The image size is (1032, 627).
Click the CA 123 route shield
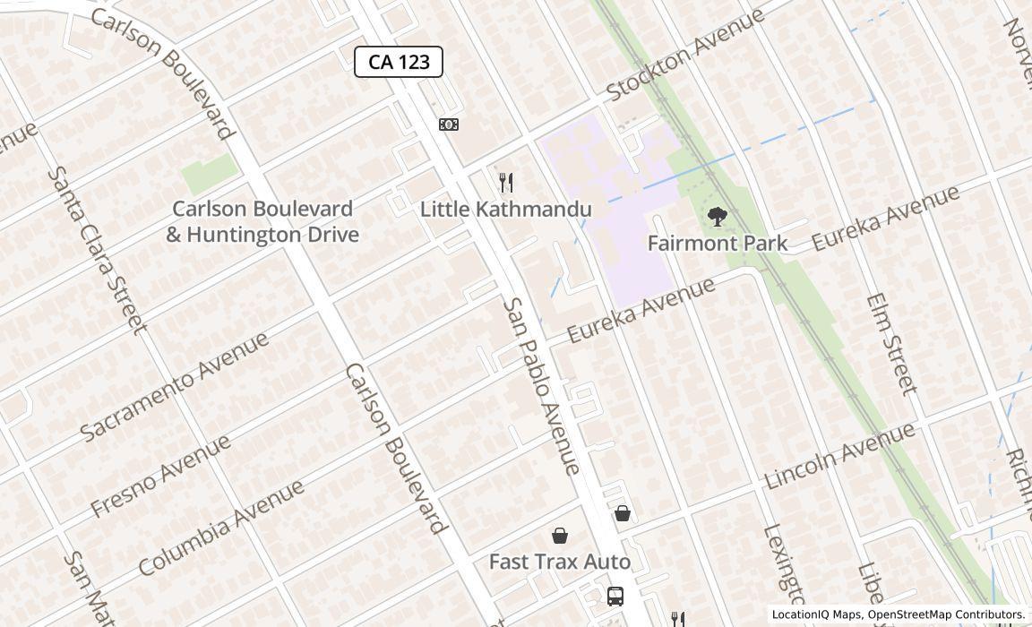point(399,62)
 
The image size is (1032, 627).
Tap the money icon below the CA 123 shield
point(449,125)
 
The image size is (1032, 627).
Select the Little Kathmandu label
point(506,210)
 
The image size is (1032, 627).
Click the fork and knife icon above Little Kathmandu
point(506,183)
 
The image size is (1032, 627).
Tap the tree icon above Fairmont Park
point(717,217)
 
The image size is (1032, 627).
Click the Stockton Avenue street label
point(685,55)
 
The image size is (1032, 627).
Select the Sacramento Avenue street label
point(175,386)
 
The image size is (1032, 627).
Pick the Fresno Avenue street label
point(161,476)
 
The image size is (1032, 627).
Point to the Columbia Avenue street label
point(221,528)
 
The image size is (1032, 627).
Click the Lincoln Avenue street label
point(839,456)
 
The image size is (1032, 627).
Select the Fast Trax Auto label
point(560,563)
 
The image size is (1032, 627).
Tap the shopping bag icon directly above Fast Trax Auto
point(560,536)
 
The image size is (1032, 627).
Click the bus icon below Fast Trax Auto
point(615,597)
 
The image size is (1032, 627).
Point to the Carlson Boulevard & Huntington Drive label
point(262,221)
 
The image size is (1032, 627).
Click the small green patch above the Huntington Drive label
point(209,170)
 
